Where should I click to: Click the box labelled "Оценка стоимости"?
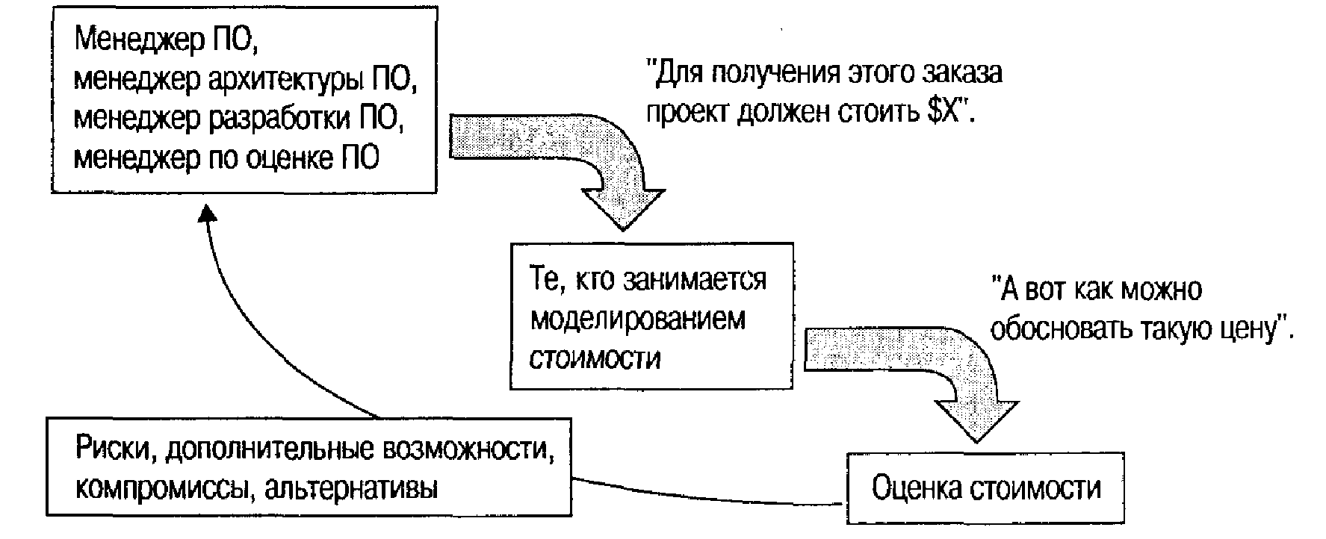(x=985, y=487)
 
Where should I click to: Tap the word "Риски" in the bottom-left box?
(x=115, y=450)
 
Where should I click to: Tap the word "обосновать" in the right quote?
(x=1058, y=328)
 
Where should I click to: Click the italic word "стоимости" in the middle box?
(x=595, y=358)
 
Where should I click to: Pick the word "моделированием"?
(x=637, y=320)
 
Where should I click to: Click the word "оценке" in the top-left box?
(x=289, y=159)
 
